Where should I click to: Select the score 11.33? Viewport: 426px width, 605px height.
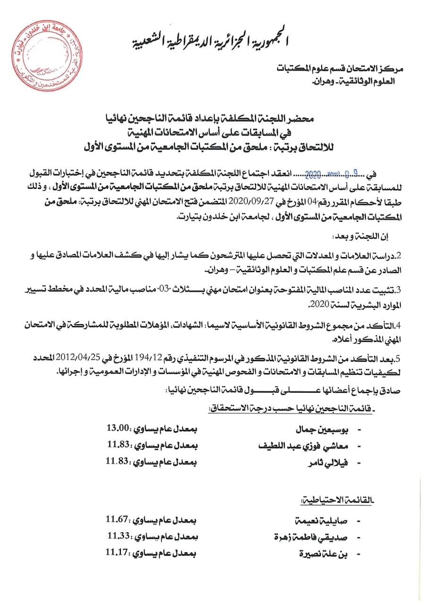point(118,536)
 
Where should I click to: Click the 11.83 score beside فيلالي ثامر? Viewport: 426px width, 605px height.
point(117,461)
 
